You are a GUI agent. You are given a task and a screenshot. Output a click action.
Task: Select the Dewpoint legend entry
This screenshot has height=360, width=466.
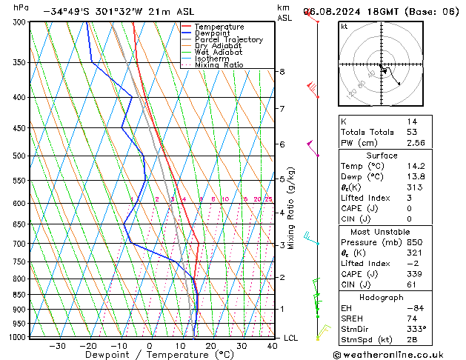[213, 33]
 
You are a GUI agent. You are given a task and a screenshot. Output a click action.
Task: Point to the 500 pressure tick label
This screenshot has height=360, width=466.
[20, 156]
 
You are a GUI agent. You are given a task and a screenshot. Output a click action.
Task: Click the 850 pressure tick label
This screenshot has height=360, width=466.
[20, 295]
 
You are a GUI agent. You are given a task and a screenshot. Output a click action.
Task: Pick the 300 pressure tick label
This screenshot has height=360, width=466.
[20, 23]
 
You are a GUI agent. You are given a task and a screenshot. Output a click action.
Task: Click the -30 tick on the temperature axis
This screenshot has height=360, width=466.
[57, 346]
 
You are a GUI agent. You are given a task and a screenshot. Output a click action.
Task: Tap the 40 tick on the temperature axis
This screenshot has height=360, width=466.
[273, 346]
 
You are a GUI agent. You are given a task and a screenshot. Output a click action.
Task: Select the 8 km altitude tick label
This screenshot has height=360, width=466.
[282, 72]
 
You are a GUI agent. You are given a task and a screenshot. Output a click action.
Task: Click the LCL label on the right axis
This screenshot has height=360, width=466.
[290, 338]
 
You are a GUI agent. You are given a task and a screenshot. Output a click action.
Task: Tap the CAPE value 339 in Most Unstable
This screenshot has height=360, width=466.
[413, 274]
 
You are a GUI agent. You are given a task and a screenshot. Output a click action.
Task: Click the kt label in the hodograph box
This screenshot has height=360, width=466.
[344, 27]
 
